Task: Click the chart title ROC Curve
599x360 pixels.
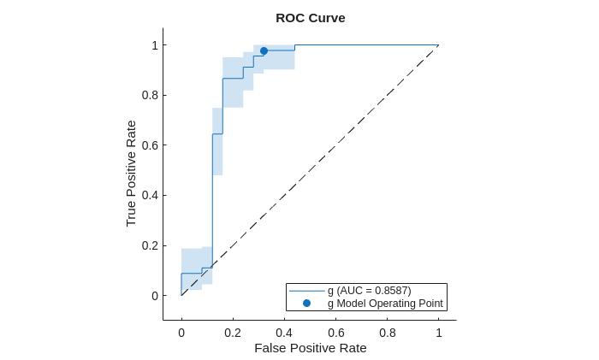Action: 310,18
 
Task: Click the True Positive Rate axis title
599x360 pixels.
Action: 131,173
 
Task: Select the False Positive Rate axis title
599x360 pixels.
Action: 310,348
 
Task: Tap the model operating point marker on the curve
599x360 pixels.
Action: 264,51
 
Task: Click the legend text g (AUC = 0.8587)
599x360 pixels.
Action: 369,291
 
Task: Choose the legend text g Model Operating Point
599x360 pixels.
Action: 385,304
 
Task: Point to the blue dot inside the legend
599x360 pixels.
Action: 306,304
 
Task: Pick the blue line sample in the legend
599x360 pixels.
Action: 306,291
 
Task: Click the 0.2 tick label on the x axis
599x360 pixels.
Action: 233,333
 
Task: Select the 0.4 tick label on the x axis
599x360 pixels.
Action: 284,333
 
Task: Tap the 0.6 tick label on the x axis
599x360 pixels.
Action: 335,333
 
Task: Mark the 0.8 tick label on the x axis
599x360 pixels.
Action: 388,333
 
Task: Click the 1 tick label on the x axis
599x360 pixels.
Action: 439,333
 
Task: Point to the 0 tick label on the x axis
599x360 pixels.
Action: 181,333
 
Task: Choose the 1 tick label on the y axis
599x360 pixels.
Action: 154,45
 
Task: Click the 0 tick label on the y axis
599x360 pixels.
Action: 154,296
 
